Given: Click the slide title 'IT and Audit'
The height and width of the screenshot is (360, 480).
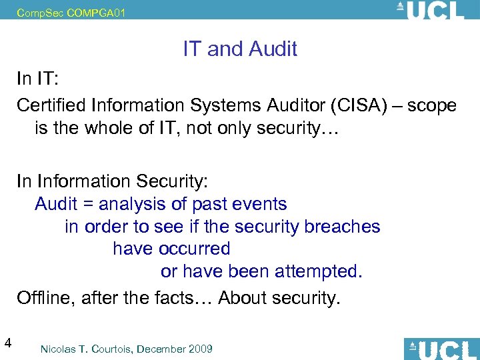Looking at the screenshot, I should pos(240,49).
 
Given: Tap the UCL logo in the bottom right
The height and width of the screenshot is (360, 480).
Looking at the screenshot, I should pos(441,349).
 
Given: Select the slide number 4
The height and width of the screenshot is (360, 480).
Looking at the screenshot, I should pos(7,343).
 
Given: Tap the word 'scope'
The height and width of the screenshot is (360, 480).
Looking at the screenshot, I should pos(433,105).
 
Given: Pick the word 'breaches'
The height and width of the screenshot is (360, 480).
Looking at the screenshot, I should pos(342,227).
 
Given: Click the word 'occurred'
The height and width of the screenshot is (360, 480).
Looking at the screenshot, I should pos(195,249).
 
